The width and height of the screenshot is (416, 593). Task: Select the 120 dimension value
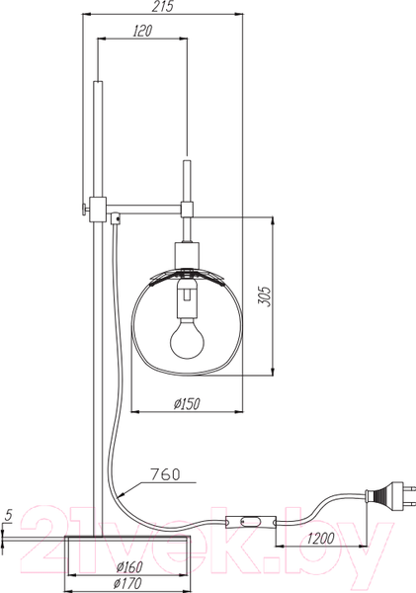tap(141, 32)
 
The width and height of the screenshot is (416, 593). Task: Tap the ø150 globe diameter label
tap(187, 402)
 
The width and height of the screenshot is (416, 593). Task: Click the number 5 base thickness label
tap(8, 516)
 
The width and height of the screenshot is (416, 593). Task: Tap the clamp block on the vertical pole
tap(97, 209)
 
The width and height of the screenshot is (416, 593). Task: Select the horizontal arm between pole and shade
tap(148, 209)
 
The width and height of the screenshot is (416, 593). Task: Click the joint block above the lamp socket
tap(187, 208)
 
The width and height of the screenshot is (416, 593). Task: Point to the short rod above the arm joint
tap(187, 178)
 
